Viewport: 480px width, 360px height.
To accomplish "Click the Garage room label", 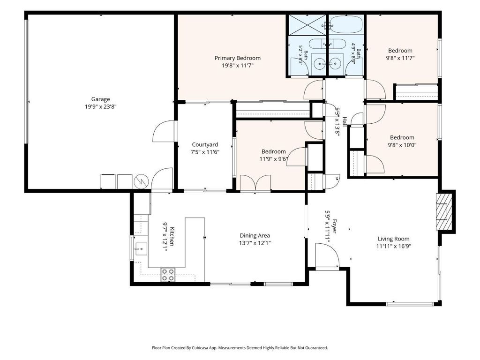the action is click(x=100, y=99).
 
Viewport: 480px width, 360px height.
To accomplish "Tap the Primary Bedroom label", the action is click(x=238, y=58).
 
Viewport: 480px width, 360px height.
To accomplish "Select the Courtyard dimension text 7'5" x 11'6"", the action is click(x=205, y=152).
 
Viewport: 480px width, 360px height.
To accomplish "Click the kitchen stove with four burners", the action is click(x=168, y=275).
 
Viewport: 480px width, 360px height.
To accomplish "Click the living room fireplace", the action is click(x=444, y=211).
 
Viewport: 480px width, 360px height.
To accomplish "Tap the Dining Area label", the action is click(x=255, y=236).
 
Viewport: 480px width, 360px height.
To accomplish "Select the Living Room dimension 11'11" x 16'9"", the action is click(x=394, y=246).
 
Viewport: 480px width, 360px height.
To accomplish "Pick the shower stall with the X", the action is click(x=307, y=24).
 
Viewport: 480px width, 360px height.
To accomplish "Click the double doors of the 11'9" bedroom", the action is click(x=255, y=183).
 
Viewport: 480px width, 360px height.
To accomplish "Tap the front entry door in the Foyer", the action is click(x=327, y=256).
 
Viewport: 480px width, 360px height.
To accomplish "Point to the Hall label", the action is click(x=345, y=122).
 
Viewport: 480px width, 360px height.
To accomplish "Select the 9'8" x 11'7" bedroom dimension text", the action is click(x=400, y=58).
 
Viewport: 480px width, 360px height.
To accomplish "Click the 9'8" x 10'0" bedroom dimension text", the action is click(x=402, y=145).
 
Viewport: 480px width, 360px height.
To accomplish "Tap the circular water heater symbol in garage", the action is click(x=141, y=181).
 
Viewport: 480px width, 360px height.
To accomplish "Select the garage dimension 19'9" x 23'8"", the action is click(x=101, y=106).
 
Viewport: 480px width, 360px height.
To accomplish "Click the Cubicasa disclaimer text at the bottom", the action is click(x=240, y=348).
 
